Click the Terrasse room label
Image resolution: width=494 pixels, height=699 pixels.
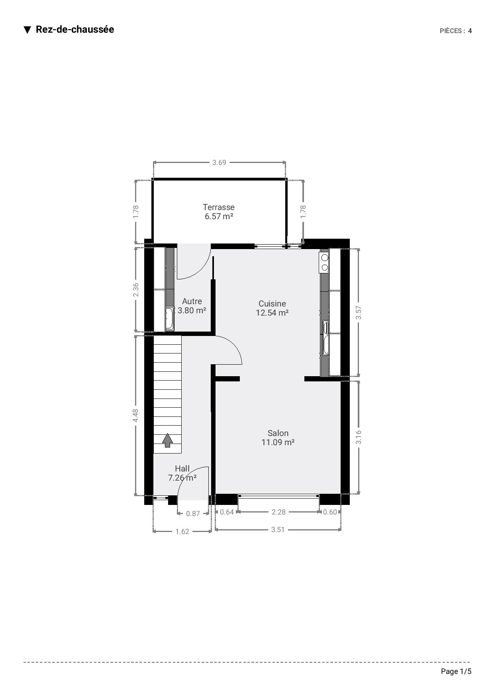pyautogui.click(x=219, y=207)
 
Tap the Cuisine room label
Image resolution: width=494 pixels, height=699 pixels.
pyautogui.click(x=272, y=304)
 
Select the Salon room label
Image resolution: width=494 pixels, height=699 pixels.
pyautogui.click(x=278, y=433)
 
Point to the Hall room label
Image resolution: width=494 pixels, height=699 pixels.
pyautogui.click(x=182, y=469)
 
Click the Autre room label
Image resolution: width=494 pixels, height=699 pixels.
pyautogui.click(x=192, y=301)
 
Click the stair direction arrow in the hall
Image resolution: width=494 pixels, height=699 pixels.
pyautogui.click(x=168, y=440)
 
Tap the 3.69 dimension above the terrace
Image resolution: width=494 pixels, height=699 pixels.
pyautogui.click(x=219, y=163)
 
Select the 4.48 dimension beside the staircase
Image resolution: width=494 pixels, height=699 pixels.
pyautogui.click(x=136, y=416)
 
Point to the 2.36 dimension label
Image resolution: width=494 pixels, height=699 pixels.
pyautogui.click(x=136, y=290)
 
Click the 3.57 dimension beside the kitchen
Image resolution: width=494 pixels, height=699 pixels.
pyautogui.click(x=359, y=313)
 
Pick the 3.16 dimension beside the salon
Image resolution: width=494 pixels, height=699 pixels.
pyautogui.click(x=359, y=437)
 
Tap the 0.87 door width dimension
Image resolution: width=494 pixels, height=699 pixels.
pyautogui.click(x=193, y=514)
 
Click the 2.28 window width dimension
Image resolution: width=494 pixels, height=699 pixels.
pyautogui.click(x=278, y=512)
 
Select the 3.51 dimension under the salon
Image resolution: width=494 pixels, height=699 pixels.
pyautogui.click(x=278, y=530)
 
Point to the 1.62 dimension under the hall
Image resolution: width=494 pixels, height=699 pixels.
pyautogui.click(x=182, y=532)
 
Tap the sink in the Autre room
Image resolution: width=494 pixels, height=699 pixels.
pyautogui.click(x=170, y=319)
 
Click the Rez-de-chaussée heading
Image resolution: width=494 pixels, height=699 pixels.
pyautogui.click(x=75, y=29)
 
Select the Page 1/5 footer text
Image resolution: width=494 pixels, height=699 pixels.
pyautogui.click(x=456, y=672)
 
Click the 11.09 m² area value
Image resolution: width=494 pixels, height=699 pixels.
pyautogui.click(x=278, y=442)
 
